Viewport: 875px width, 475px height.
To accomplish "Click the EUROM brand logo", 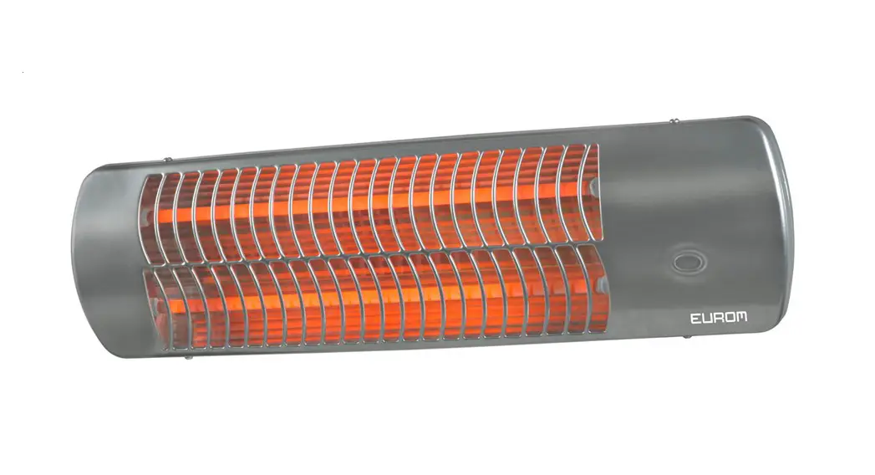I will [719, 317].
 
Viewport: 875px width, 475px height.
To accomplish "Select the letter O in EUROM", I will [730, 317].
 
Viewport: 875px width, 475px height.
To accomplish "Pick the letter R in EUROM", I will [719, 317].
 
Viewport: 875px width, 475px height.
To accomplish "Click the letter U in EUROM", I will [707, 317].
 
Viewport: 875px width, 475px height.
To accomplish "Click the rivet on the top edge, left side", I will [168, 157].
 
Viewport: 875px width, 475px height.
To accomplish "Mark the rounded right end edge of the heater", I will [781, 226].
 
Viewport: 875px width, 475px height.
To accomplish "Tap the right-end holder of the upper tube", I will [592, 180].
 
